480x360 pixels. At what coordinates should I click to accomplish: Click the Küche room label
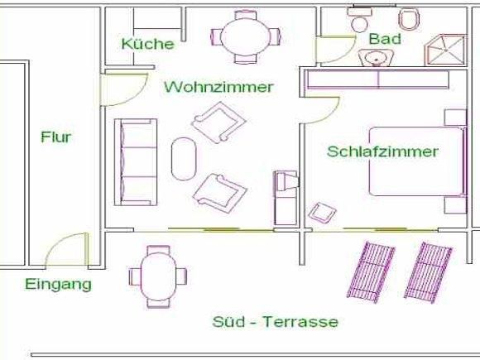click(x=148, y=44)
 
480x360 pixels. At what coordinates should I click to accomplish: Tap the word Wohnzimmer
click(x=218, y=87)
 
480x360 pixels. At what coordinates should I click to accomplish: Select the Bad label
click(x=385, y=39)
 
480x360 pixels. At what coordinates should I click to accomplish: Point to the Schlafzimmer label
click(x=382, y=151)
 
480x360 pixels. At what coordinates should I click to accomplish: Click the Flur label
click(x=56, y=137)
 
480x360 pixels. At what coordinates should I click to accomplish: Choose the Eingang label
click(x=58, y=285)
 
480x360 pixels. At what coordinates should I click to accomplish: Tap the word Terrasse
click(x=300, y=322)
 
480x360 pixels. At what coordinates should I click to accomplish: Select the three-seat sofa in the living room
click(x=136, y=162)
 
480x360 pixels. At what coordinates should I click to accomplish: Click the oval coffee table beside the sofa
click(x=184, y=159)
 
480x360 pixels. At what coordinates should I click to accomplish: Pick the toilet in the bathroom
click(x=409, y=19)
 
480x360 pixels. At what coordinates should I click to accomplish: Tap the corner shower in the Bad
click(x=446, y=50)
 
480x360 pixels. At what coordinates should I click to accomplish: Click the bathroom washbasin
click(x=376, y=57)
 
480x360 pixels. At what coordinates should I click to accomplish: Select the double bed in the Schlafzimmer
click(x=418, y=161)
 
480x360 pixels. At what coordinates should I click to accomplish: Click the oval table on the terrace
click(x=158, y=276)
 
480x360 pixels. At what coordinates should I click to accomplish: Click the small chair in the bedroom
click(x=323, y=212)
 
